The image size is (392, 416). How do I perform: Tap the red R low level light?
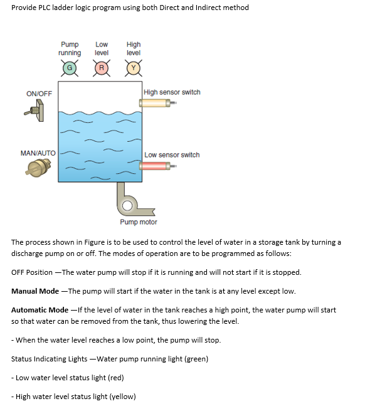point(102,67)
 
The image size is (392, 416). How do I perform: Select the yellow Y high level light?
point(134,67)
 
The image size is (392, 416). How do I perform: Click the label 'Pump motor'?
point(139,222)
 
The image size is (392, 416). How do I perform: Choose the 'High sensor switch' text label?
point(172,92)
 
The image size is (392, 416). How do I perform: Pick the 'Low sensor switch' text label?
point(172,155)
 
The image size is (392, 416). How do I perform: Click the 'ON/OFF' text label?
point(40,93)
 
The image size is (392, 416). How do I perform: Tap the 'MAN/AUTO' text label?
point(38,153)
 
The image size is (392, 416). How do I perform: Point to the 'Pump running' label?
point(70,49)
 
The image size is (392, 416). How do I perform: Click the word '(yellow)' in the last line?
point(122,397)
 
